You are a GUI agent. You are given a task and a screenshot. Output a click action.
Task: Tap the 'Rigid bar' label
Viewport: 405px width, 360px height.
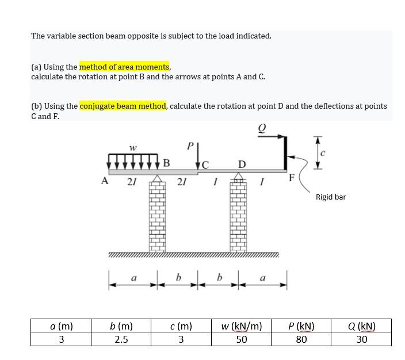pos(331,197)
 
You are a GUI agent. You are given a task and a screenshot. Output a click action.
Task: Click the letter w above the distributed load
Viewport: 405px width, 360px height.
pos(133,148)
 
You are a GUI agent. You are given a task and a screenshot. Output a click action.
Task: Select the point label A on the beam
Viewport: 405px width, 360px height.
pos(105,181)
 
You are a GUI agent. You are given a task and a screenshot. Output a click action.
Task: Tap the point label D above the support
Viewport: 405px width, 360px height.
pos(242,165)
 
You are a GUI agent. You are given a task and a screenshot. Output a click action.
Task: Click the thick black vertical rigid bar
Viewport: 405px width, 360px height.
pos(285,153)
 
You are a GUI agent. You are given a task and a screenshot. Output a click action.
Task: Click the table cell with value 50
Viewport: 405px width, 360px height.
pos(242,339)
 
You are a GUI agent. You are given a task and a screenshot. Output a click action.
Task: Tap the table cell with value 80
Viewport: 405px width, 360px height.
pos(301,339)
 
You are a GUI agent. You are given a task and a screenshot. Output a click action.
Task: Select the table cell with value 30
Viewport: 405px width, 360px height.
pos(362,339)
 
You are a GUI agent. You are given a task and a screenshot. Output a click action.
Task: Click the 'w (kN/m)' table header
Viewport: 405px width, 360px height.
pos(242,325)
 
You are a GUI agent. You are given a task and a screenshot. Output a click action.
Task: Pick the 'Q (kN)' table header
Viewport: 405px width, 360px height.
pos(362,325)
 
